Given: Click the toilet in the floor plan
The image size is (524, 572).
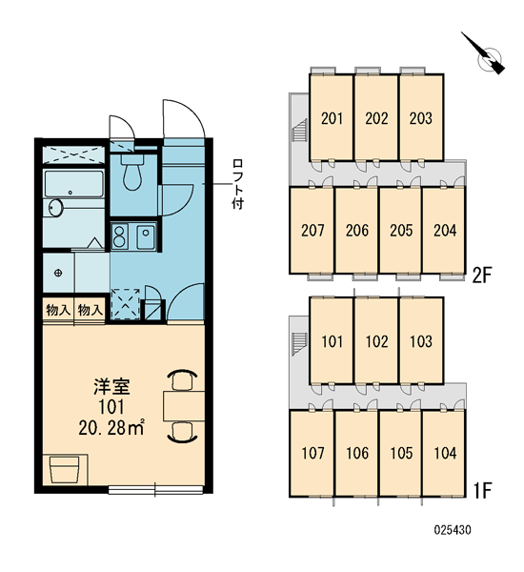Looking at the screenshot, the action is tap(132, 173).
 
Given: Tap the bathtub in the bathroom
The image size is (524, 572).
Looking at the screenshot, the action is tap(74, 184).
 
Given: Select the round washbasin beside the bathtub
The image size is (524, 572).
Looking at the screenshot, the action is tap(55, 208).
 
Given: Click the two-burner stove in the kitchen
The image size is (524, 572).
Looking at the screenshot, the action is tap(120, 236).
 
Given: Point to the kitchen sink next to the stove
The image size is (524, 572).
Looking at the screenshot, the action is tap(146, 236).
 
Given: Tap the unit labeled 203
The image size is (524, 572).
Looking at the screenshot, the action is tap(421, 117).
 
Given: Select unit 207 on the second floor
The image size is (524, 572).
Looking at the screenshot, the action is tap(312, 230).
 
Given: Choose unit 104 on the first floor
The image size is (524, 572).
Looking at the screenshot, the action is tap(444, 453).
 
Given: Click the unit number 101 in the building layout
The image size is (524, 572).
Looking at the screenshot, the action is tap(332, 341).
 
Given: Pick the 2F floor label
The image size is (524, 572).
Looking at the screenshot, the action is tap(482, 276).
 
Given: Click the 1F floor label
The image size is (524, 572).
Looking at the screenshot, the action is tap(482, 490).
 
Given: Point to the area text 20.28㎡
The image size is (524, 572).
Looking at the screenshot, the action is tap(111, 428).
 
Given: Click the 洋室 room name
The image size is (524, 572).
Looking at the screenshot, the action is tap(111, 387).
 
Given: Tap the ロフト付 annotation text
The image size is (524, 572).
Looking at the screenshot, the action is tap(238, 184).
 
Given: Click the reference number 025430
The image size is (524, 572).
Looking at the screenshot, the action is tap(453, 530).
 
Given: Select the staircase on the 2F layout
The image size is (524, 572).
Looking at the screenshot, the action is tap(300, 130).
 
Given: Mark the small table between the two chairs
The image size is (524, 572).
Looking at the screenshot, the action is tap(184, 406).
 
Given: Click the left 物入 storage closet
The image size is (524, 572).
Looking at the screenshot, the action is tap(58, 311).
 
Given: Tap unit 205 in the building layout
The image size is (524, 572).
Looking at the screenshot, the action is tap(401, 230).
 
